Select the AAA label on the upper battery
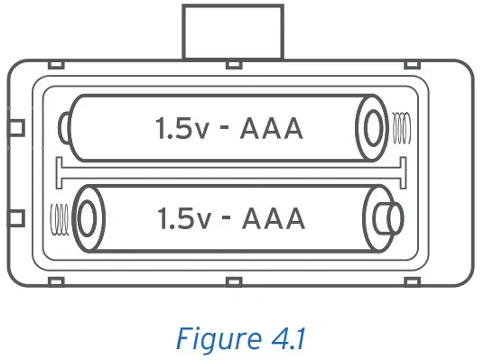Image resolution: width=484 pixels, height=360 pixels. click(271, 129)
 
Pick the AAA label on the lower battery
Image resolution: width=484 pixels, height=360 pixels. click(273, 219)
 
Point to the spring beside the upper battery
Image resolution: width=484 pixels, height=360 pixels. click(403, 127)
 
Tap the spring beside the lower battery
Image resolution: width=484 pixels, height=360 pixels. click(60, 218)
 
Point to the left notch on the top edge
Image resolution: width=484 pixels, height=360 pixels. click(54, 66)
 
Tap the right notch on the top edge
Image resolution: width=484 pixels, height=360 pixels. click(412, 66)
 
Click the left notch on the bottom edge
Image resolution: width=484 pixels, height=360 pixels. click(54, 282)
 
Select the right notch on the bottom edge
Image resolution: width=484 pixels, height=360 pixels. click(412, 282)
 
